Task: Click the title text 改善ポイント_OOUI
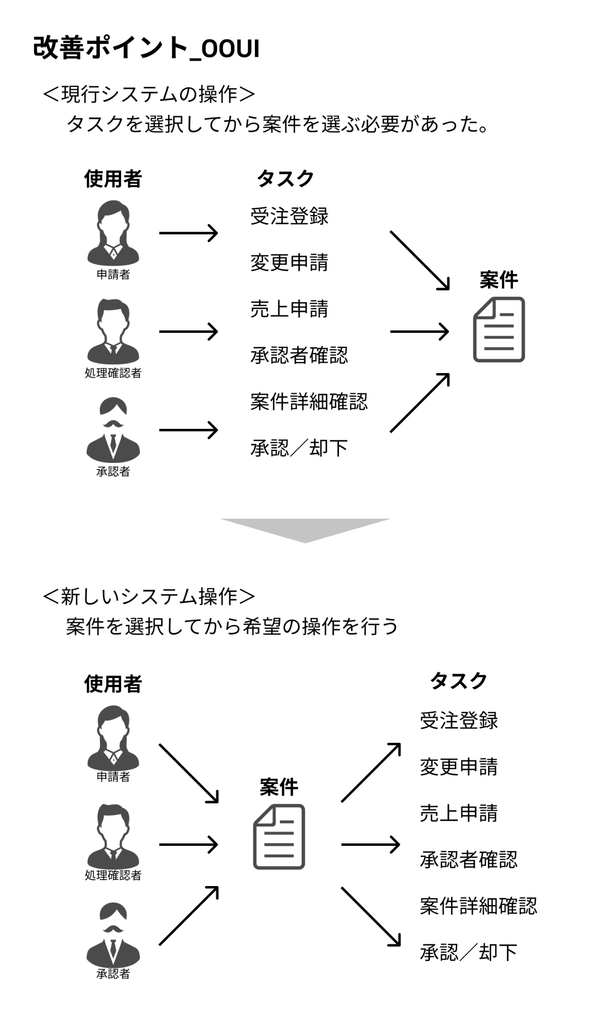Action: click(x=146, y=48)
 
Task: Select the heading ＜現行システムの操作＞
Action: click(x=149, y=95)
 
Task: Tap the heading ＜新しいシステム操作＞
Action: click(x=149, y=596)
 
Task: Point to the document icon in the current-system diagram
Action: click(x=499, y=330)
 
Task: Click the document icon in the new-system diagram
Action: click(x=279, y=836)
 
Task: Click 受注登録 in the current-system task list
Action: click(x=289, y=216)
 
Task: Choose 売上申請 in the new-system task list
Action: click(x=459, y=813)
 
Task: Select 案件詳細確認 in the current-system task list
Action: click(x=309, y=402)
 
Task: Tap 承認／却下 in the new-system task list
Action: click(x=468, y=952)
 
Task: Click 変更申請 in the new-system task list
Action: click(x=459, y=767)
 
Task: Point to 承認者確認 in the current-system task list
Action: click(x=299, y=356)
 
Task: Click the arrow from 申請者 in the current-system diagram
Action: click(x=188, y=233)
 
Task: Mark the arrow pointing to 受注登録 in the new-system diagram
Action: click(x=371, y=773)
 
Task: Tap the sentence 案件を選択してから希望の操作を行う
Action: click(x=232, y=626)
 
